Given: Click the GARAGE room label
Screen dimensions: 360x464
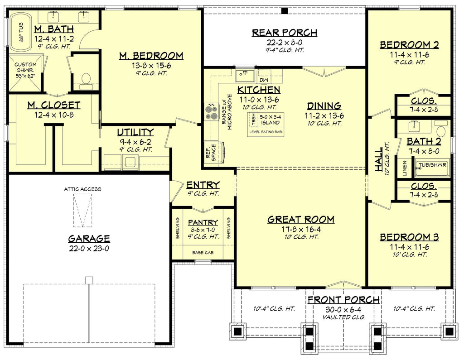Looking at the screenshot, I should (x=89, y=238).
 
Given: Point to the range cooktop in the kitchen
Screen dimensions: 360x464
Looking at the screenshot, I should (x=212, y=111).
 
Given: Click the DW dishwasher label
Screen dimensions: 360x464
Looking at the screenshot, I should (x=264, y=80).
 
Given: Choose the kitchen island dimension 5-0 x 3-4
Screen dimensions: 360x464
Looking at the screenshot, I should (x=270, y=116).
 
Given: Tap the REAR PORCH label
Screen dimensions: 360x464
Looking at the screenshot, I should (x=284, y=33).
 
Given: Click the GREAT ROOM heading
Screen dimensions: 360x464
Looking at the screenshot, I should (x=300, y=220).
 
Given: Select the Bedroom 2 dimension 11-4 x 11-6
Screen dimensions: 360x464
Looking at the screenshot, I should (x=409, y=54).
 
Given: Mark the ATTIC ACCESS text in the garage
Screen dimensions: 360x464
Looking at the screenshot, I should (x=82, y=189).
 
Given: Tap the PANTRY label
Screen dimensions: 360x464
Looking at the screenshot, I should (x=203, y=222).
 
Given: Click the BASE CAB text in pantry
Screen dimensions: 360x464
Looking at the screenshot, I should (x=203, y=253).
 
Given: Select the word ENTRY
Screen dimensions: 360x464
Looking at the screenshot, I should (x=203, y=185).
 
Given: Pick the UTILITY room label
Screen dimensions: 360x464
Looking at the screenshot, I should (x=135, y=132).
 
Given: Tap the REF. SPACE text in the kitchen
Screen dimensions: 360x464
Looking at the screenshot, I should (x=211, y=153).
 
